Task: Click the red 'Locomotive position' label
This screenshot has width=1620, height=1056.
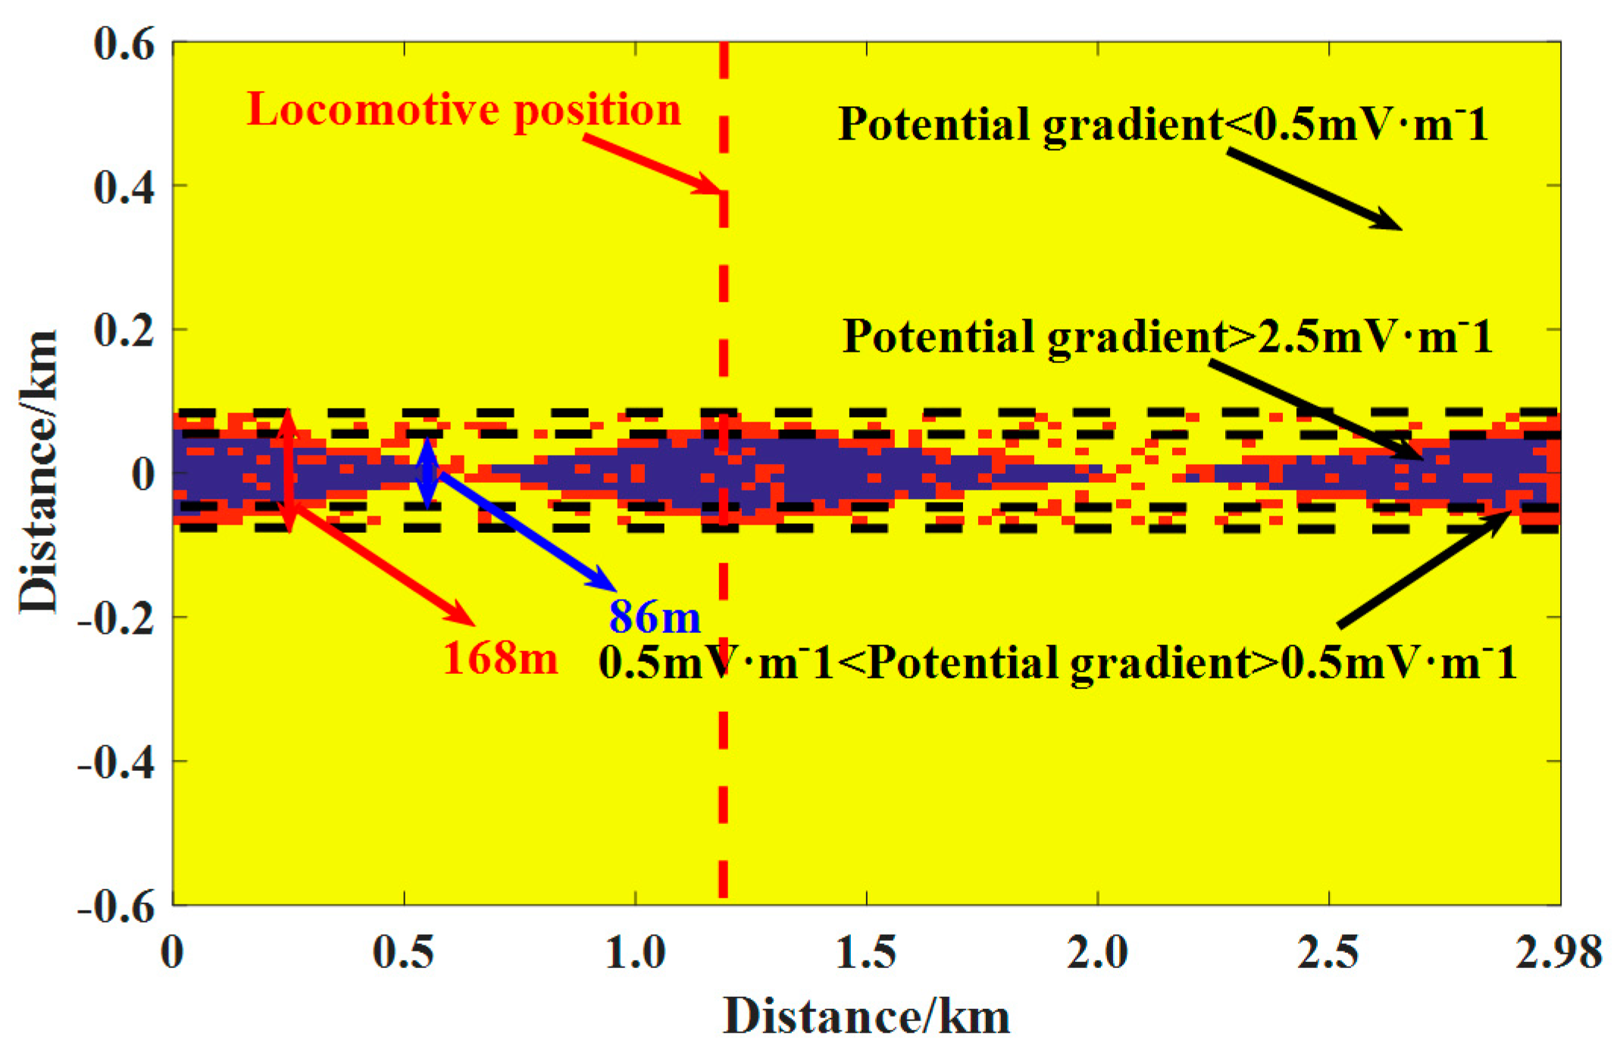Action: pyautogui.click(x=464, y=110)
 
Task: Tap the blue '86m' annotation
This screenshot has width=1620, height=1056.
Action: pyautogui.click(x=655, y=616)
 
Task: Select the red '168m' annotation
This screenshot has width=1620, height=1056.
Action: pyautogui.click(x=500, y=658)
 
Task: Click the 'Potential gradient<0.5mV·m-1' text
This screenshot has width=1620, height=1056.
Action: pyautogui.click(x=1163, y=124)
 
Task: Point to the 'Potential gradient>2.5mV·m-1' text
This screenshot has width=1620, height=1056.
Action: pyautogui.click(x=1167, y=336)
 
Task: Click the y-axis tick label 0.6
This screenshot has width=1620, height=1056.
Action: pyautogui.click(x=124, y=43)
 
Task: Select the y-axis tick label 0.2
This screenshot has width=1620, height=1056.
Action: pyautogui.click(x=124, y=331)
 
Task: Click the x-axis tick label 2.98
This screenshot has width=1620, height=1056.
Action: pyautogui.click(x=1558, y=952)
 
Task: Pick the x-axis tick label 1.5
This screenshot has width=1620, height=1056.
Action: pyautogui.click(x=865, y=952)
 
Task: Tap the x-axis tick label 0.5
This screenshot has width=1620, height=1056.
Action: pyautogui.click(x=403, y=952)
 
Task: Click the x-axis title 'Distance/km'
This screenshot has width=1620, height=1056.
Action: pyautogui.click(x=866, y=1017)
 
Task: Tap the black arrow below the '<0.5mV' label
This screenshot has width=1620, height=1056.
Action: pyautogui.click(x=1315, y=190)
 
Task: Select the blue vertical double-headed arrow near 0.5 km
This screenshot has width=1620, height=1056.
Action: pyautogui.click(x=428, y=473)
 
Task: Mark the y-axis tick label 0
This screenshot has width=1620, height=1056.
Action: pyautogui.click(x=142, y=475)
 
